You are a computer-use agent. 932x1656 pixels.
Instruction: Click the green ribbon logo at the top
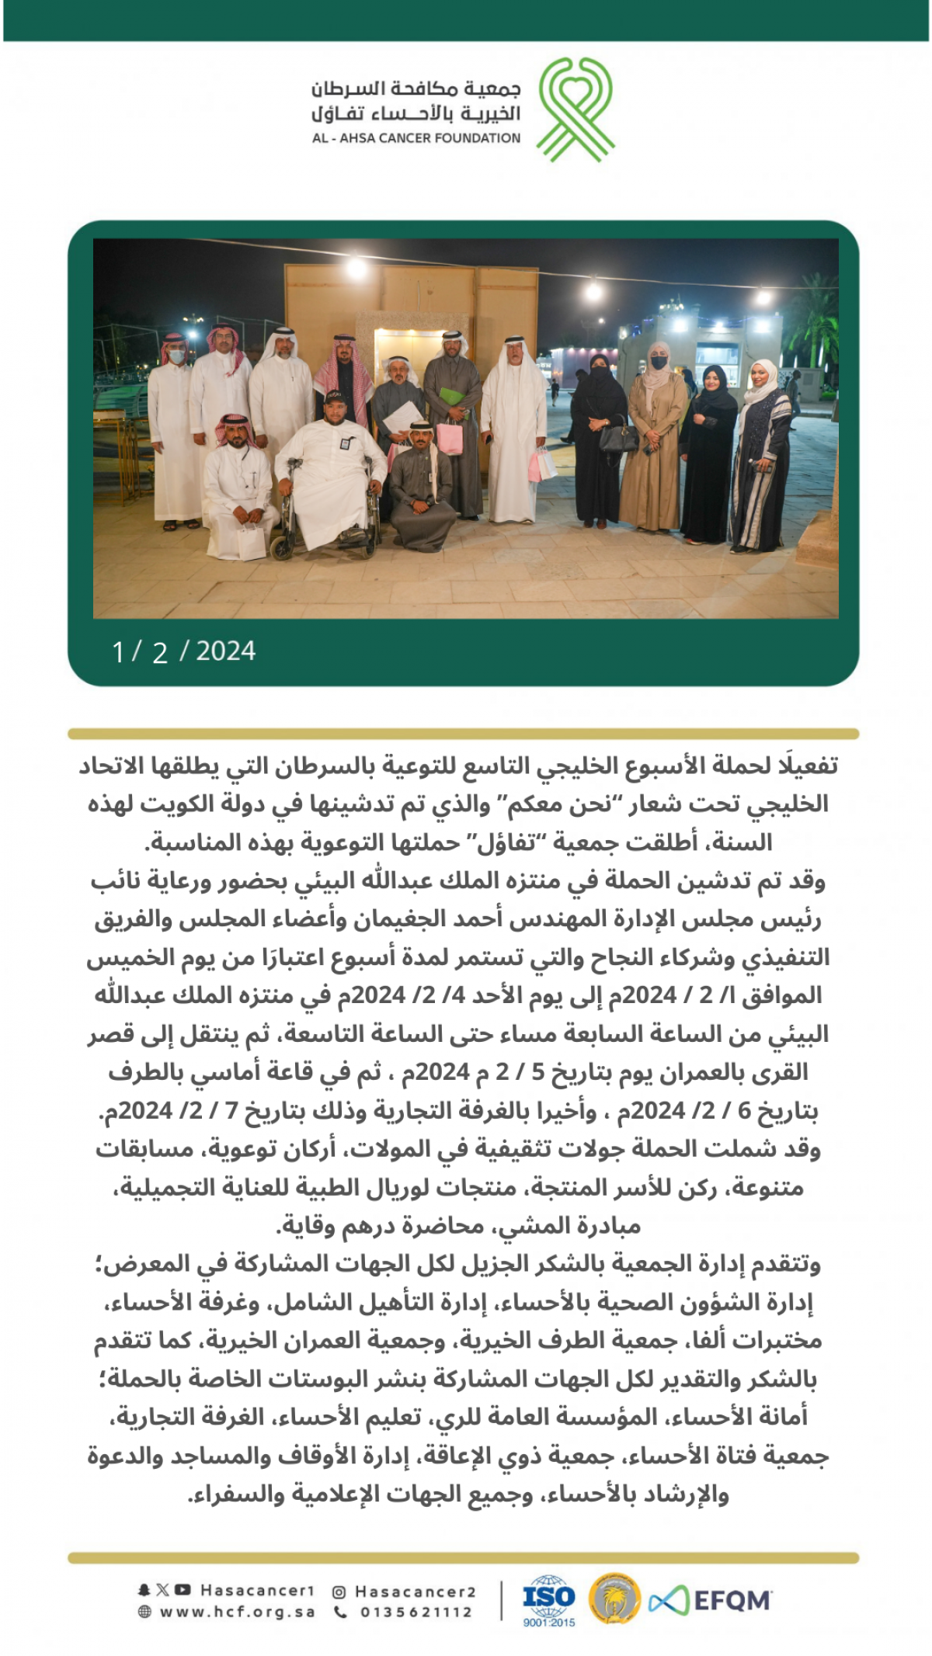tap(576, 108)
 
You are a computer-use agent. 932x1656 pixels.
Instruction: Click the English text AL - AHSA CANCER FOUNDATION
tap(416, 138)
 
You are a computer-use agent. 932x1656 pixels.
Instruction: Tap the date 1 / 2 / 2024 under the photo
tap(184, 651)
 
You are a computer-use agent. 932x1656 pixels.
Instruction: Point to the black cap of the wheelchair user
tap(335, 398)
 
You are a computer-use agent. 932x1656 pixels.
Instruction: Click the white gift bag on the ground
tap(251, 541)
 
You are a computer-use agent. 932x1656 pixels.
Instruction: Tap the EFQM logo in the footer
tap(710, 1600)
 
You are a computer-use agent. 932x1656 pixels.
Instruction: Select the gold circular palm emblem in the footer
tap(614, 1599)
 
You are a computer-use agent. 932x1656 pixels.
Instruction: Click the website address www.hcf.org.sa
tap(237, 1613)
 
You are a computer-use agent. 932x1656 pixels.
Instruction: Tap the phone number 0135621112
tap(416, 1613)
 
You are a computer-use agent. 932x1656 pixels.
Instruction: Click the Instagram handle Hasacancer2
tap(415, 1592)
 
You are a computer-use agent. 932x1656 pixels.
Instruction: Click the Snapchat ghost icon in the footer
tap(144, 1590)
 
